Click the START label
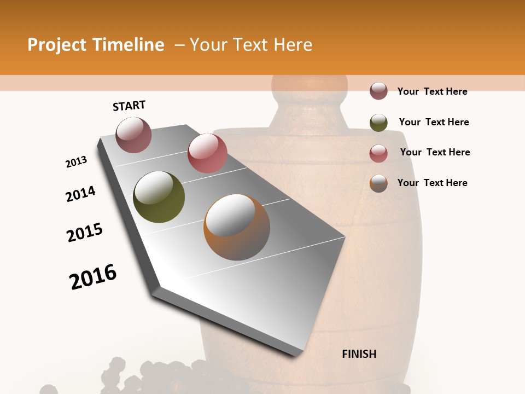tap(129, 106)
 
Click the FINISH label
tap(359, 354)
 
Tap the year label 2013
tap(77, 162)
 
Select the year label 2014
tap(80, 194)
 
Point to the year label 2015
tap(85, 233)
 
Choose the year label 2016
tap(93, 277)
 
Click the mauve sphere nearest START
tap(134, 135)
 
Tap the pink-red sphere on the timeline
tap(207, 153)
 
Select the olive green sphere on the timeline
tap(159, 197)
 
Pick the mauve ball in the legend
tap(378, 91)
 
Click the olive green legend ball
tap(378, 123)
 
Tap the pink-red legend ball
tap(378, 153)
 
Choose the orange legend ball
tap(378, 183)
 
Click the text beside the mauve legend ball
tap(432, 91)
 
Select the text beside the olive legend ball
tap(434, 122)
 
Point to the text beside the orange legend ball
tap(432, 183)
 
